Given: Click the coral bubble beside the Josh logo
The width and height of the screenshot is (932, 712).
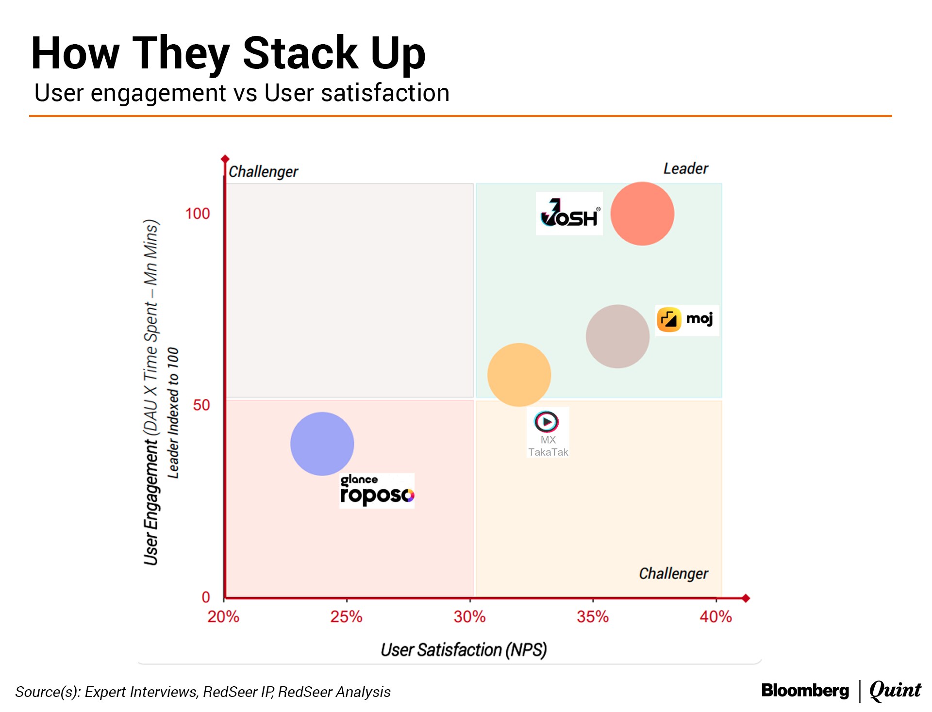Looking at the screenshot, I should pyautogui.click(x=642, y=214).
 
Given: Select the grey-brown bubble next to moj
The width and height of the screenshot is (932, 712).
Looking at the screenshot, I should pyautogui.click(x=617, y=336).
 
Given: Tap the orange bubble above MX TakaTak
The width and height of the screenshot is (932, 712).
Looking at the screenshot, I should pyautogui.click(x=519, y=375).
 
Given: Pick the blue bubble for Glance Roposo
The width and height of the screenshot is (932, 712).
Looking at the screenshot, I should pyautogui.click(x=322, y=444).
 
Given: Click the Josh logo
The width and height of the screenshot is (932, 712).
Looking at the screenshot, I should pyautogui.click(x=569, y=214).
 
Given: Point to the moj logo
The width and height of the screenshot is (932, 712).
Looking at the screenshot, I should pyautogui.click(x=687, y=320).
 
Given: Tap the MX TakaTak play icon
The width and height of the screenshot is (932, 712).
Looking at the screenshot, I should pyautogui.click(x=547, y=421).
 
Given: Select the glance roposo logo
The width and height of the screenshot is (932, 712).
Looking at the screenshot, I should pyautogui.click(x=377, y=491).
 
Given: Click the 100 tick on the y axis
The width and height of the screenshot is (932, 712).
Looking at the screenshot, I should pyautogui.click(x=197, y=214).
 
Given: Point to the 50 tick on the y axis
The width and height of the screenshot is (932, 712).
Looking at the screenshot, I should pyautogui.click(x=201, y=405).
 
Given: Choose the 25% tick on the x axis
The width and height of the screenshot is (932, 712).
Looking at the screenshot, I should pyautogui.click(x=346, y=616).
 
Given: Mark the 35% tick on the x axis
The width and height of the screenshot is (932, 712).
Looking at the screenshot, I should pyautogui.click(x=592, y=616).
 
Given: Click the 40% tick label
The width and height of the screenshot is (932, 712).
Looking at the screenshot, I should pyautogui.click(x=716, y=616).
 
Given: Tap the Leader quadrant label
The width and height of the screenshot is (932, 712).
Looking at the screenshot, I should pyautogui.click(x=685, y=168).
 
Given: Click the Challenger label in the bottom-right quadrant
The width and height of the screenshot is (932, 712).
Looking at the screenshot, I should pyautogui.click(x=673, y=573).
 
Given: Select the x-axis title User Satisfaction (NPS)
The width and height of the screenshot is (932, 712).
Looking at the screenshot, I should pyautogui.click(x=464, y=649).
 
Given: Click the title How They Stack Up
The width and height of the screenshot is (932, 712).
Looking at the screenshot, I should pyautogui.click(x=228, y=53).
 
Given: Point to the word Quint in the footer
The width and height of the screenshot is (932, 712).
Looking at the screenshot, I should pyautogui.click(x=895, y=690).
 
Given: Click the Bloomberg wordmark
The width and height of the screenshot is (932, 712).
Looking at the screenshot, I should pyautogui.click(x=805, y=690).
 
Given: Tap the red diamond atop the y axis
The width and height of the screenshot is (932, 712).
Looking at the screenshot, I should pyautogui.click(x=225, y=159).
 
